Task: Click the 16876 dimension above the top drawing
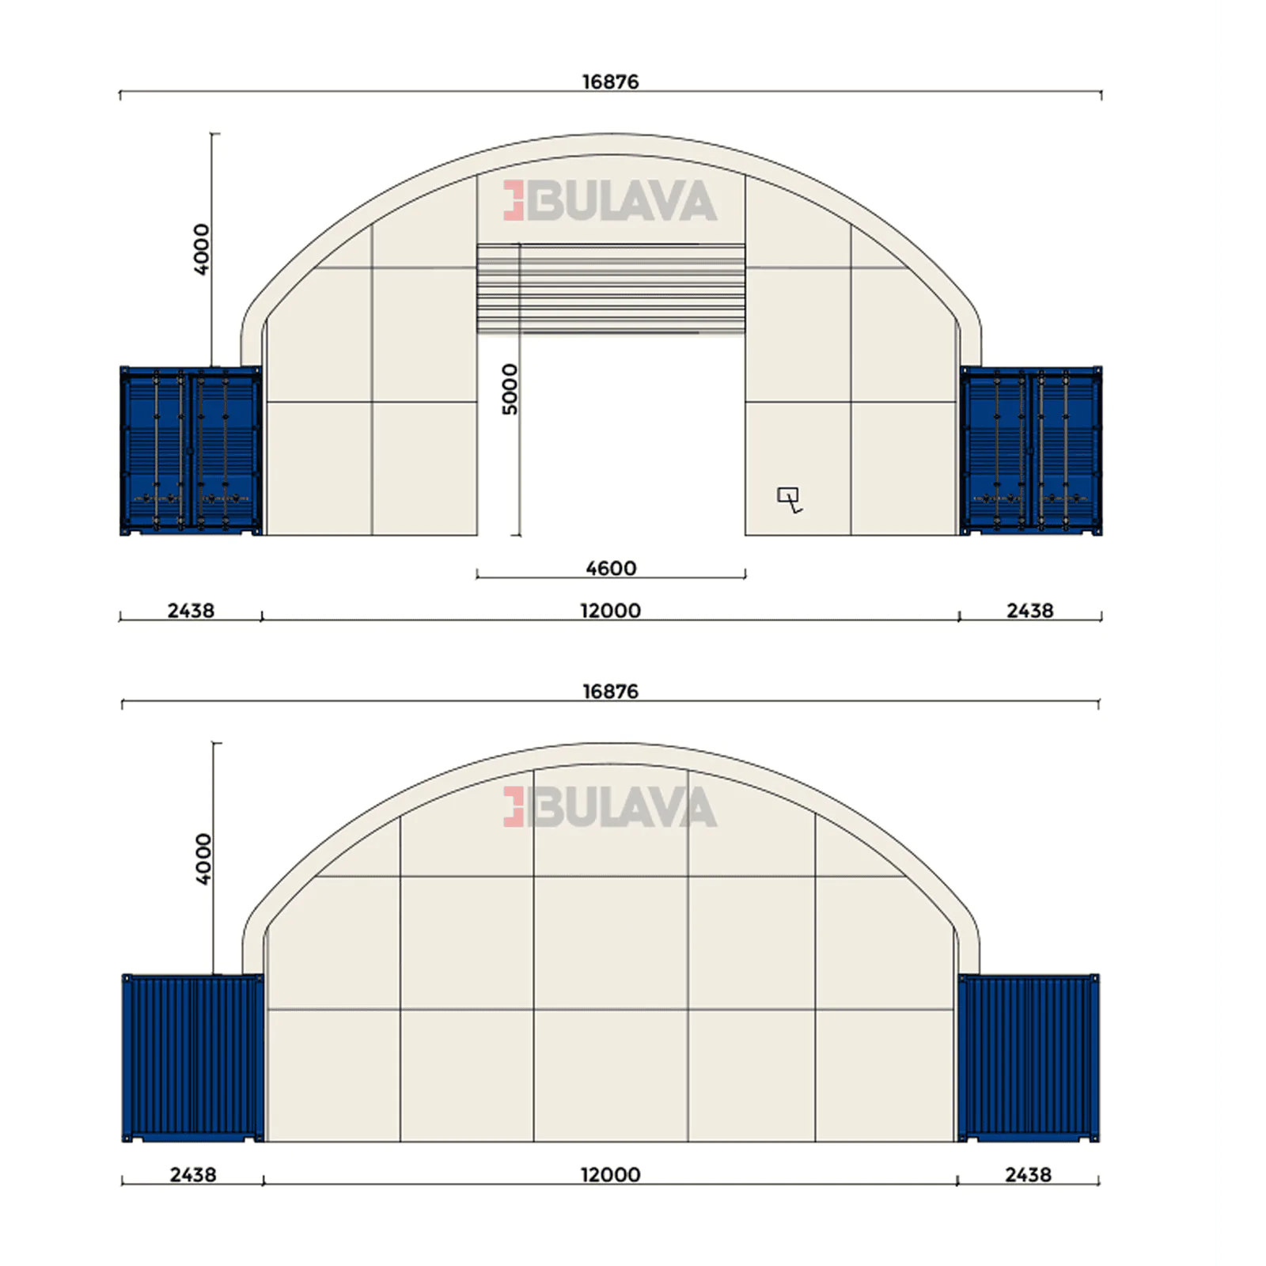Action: click(x=610, y=81)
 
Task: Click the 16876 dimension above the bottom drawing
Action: click(x=610, y=692)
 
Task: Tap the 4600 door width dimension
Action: click(x=611, y=568)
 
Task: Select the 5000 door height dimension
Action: click(x=510, y=389)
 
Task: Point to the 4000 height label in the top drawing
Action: click(x=202, y=249)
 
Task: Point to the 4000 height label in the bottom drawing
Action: click(x=203, y=859)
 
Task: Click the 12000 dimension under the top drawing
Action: click(x=611, y=611)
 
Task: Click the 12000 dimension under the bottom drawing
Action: click(x=611, y=1175)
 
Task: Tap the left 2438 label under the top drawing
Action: click(x=191, y=611)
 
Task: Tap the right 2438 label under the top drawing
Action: click(x=1030, y=611)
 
